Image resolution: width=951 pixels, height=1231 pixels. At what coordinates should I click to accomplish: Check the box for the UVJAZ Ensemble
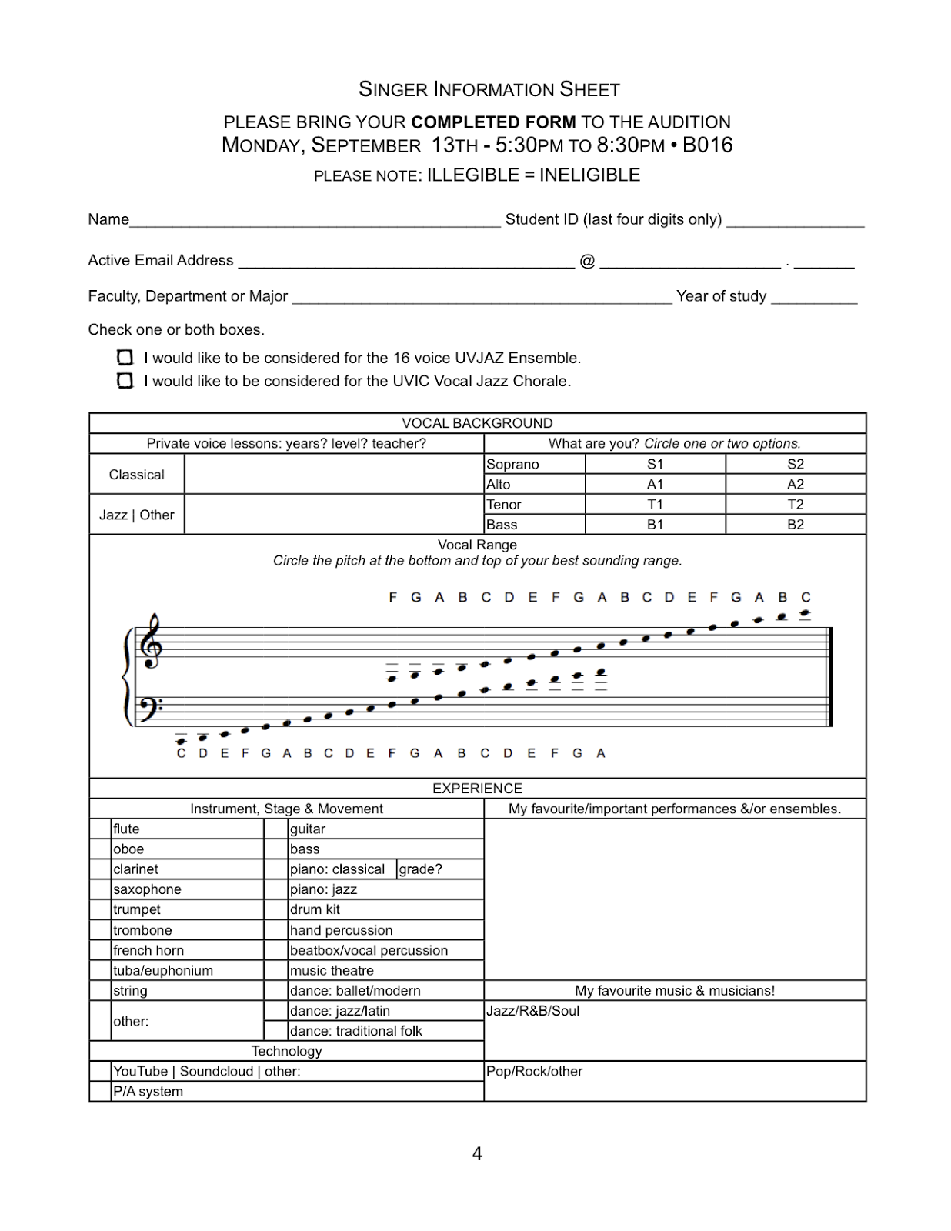[x=125, y=357]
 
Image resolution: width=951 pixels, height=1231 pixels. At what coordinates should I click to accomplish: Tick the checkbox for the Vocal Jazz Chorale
[x=125, y=380]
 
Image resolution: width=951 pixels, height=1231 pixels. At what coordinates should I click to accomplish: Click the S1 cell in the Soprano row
[x=655, y=464]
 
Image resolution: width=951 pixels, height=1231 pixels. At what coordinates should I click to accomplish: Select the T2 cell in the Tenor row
[x=795, y=504]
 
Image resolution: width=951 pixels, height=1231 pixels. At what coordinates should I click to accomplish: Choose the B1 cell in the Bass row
[x=655, y=525]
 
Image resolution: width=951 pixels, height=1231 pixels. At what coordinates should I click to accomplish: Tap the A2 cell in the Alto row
[x=795, y=484]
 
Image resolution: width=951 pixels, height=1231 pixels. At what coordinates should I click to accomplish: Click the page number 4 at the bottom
[x=477, y=1153]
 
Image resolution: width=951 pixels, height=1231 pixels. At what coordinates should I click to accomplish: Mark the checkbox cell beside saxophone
[x=100, y=889]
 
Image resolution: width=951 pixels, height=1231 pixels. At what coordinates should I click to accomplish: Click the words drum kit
[x=315, y=909]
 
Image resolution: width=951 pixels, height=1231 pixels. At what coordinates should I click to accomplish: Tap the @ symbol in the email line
[x=587, y=261]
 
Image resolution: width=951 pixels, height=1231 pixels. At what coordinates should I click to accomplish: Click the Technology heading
[x=286, y=1051]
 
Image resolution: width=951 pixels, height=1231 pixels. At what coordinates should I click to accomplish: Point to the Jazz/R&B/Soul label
[x=532, y=1011]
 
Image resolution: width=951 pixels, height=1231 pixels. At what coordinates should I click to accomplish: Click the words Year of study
[x=721, y=296]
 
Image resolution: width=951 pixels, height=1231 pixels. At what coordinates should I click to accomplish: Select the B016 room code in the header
[x=707, y=145]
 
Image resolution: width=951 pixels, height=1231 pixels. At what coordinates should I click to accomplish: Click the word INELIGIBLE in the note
[x=589, y=175]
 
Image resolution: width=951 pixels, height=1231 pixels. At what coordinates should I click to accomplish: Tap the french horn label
[x=148, y=950]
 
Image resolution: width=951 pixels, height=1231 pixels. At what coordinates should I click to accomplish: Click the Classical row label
[x=136, y=475]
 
